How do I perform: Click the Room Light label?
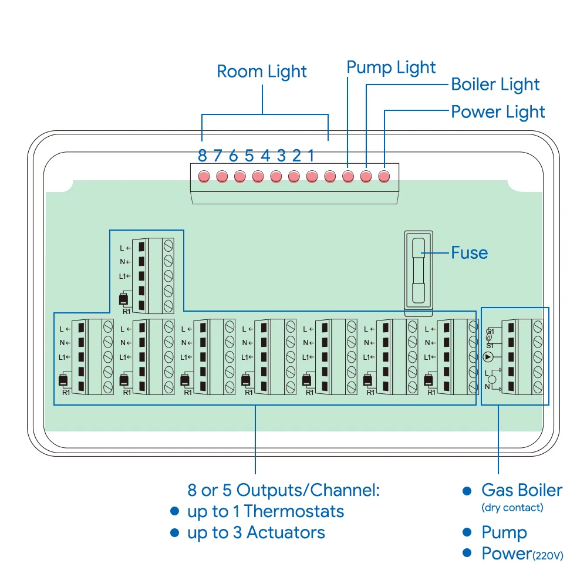tap(262, 72)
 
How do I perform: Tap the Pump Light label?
tap(391, 68)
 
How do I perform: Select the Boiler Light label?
tap(495, 85)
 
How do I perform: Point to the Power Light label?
tap(498, 112)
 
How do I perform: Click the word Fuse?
tap(470, 252)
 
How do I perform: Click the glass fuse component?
tap(419, 271)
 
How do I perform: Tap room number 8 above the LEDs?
tap(202, 156)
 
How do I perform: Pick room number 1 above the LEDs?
tap(311, 156)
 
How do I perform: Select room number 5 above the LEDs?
tap(249, 156)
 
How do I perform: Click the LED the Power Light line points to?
tap(384, 176)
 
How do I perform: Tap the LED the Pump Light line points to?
tap(348, 176)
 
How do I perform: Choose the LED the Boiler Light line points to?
tap(366, 176)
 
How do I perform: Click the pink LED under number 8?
tap(204, 176)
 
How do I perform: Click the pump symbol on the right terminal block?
tap(488, 357)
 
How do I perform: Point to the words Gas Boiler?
tap(522, 490)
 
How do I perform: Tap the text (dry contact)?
tap(512, 508)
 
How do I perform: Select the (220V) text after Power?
tap(548, 555)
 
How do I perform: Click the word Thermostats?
tap(294, 511)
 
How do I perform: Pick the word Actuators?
tap(286, 533)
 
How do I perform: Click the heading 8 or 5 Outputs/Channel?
tap(284, 490)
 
